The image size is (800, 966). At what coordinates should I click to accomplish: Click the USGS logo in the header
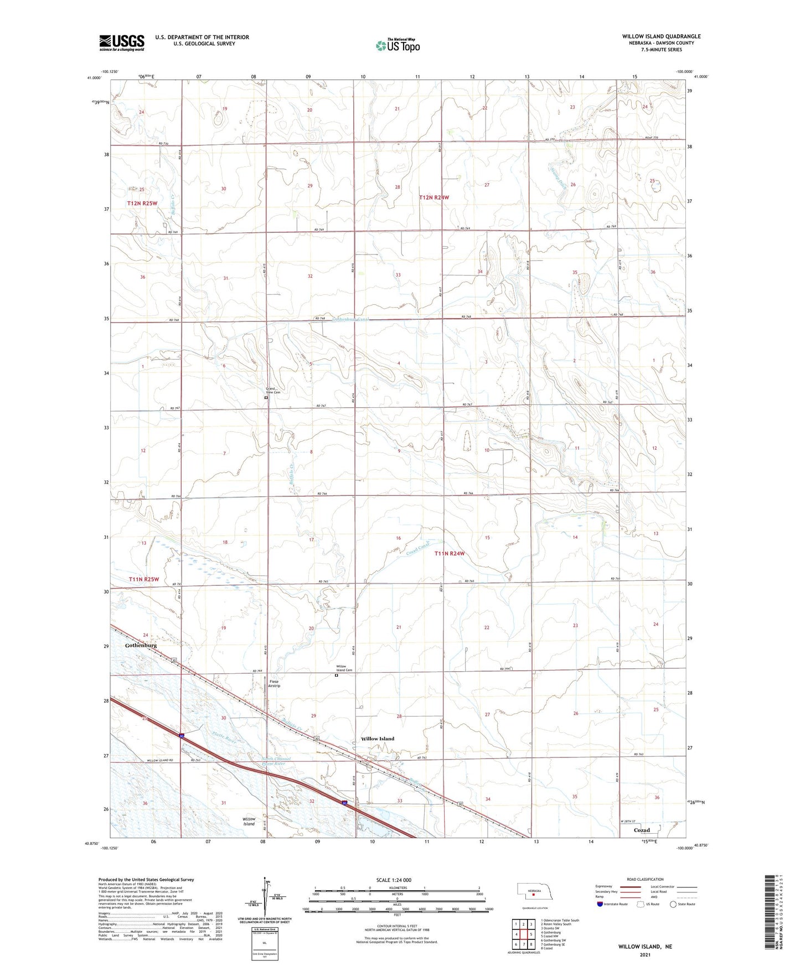tap(122, 43)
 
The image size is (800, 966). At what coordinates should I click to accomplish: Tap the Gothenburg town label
tap(141, 646)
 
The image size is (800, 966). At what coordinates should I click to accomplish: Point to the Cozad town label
tap(642, 830)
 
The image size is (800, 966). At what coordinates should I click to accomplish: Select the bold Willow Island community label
tap(378, 739)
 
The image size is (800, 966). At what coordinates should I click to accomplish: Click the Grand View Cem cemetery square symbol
tap(266, 397)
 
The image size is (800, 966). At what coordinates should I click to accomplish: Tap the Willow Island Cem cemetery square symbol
tap(336, 675)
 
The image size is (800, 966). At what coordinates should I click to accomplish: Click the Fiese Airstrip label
tap(275, 683)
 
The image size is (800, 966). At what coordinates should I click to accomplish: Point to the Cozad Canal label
tap(419, 549)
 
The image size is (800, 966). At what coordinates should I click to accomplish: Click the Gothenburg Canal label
tap(350, 319)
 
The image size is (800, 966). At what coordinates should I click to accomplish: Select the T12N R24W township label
tap(434, 198)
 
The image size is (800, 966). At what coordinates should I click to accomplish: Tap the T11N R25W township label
tap(143, 579)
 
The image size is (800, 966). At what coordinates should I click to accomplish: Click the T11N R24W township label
tap(449, 553)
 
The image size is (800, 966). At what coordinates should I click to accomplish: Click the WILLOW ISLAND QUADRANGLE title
tap(661, 37)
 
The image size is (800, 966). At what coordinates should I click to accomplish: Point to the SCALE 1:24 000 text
tap(394, 880)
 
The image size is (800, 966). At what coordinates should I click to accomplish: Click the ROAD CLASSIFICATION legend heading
tap(645, 879)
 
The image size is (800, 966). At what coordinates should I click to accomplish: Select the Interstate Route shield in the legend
tap(600, 904)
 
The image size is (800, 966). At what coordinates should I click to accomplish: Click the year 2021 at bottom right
tap(645, 954)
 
